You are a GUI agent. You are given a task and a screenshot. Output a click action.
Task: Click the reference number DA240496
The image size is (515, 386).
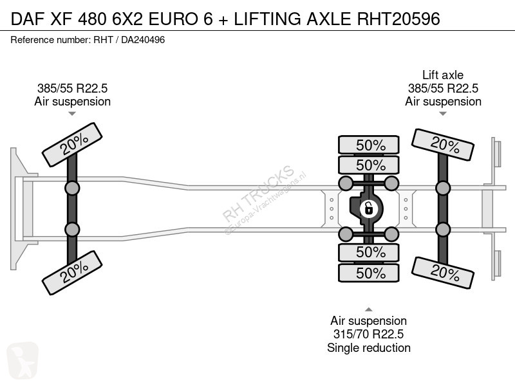pyautogui.click(x=143, y=40)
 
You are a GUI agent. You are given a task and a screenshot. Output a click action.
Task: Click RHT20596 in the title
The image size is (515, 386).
pyautogui.click(x=398, y=19)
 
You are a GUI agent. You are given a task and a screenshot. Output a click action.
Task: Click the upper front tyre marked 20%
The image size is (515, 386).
pyautogui.click(x=72, y=145)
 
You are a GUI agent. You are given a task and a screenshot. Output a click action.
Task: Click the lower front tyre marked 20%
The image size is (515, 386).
pyautogui.click(x=72, y=273)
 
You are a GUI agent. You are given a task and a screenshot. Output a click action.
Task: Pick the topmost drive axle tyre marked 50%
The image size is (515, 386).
pyautogui.click(x=369, y=145)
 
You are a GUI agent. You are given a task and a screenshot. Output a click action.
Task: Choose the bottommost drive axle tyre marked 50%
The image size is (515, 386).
pyautogui.click(x=369, y=273)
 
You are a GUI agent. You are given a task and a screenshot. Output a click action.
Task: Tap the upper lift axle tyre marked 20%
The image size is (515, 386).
pyautogui.click(x=443, y=145)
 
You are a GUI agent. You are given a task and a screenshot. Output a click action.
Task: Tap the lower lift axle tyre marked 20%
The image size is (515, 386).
pyautogui.click(x=443, y=273)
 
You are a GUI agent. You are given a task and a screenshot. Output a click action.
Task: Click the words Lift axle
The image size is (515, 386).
pyautogui.click(x=443, y=75)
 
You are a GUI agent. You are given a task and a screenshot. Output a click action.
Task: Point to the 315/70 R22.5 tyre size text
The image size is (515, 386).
pyautogui.click(x=368, y=334)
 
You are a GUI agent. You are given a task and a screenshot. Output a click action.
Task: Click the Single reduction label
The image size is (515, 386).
pyautogui.click(x=368, y=347)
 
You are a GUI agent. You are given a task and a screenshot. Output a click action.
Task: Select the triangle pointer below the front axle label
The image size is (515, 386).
pyautogui.click(x=72, y=114)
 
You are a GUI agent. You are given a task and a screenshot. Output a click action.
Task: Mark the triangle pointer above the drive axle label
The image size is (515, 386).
pyautogui.click(x=368, y=309)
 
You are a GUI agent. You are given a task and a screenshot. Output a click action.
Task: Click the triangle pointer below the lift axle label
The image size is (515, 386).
pyautogui.click(x=443, y=114)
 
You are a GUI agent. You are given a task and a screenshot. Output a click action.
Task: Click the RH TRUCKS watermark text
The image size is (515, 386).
pyautogui.click(x=258, y=194)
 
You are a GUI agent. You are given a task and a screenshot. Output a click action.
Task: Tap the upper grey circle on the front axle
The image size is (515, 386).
pyautogui.click(x=72, y=188)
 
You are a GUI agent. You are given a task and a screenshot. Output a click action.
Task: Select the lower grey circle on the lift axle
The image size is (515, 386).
pyautogui.click(x=443, y=230)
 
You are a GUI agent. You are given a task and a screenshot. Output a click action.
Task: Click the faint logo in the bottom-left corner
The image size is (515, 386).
pyautogui.click(x=23, y=360)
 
